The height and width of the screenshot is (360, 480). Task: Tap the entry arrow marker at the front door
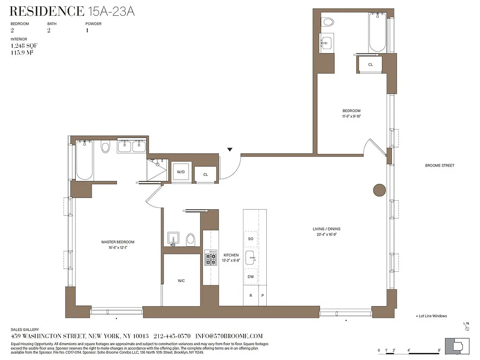(230, 149)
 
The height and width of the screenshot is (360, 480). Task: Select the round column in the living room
(380, 190)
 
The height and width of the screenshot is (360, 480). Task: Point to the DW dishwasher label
(251, 277)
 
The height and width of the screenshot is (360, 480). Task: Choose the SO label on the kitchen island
(251, 238)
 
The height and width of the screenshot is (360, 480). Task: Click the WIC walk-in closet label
(181, 281)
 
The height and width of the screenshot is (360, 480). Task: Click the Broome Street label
(440, 166)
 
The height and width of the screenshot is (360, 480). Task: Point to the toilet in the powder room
(190, 239)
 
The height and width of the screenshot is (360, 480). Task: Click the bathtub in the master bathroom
(84, 160)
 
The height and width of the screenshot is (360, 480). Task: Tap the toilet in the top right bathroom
(328, 22)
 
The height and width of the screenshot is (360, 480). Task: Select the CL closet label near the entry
(206, 175)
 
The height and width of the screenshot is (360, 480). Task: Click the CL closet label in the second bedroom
(370, 64)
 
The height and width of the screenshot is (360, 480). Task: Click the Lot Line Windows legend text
(432, 316)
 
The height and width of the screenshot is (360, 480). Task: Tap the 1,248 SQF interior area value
(22, 46)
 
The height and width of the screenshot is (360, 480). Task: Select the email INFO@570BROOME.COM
(229, 336)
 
